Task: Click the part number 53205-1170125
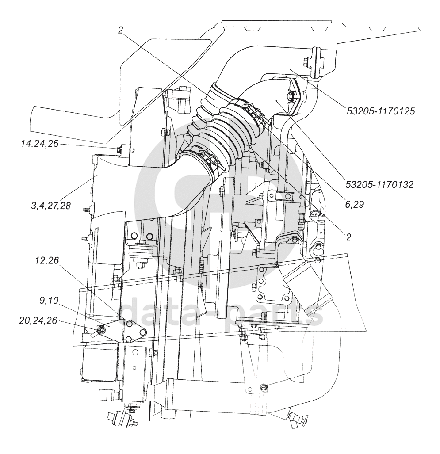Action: pos(381,111)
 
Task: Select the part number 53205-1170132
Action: pos(379,184)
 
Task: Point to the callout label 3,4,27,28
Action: pos(51,206)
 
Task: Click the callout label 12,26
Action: pos(46,260)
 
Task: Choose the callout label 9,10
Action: pos(48,301)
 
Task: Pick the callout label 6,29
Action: pos(354,205)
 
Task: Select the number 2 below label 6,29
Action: pos(348,237)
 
